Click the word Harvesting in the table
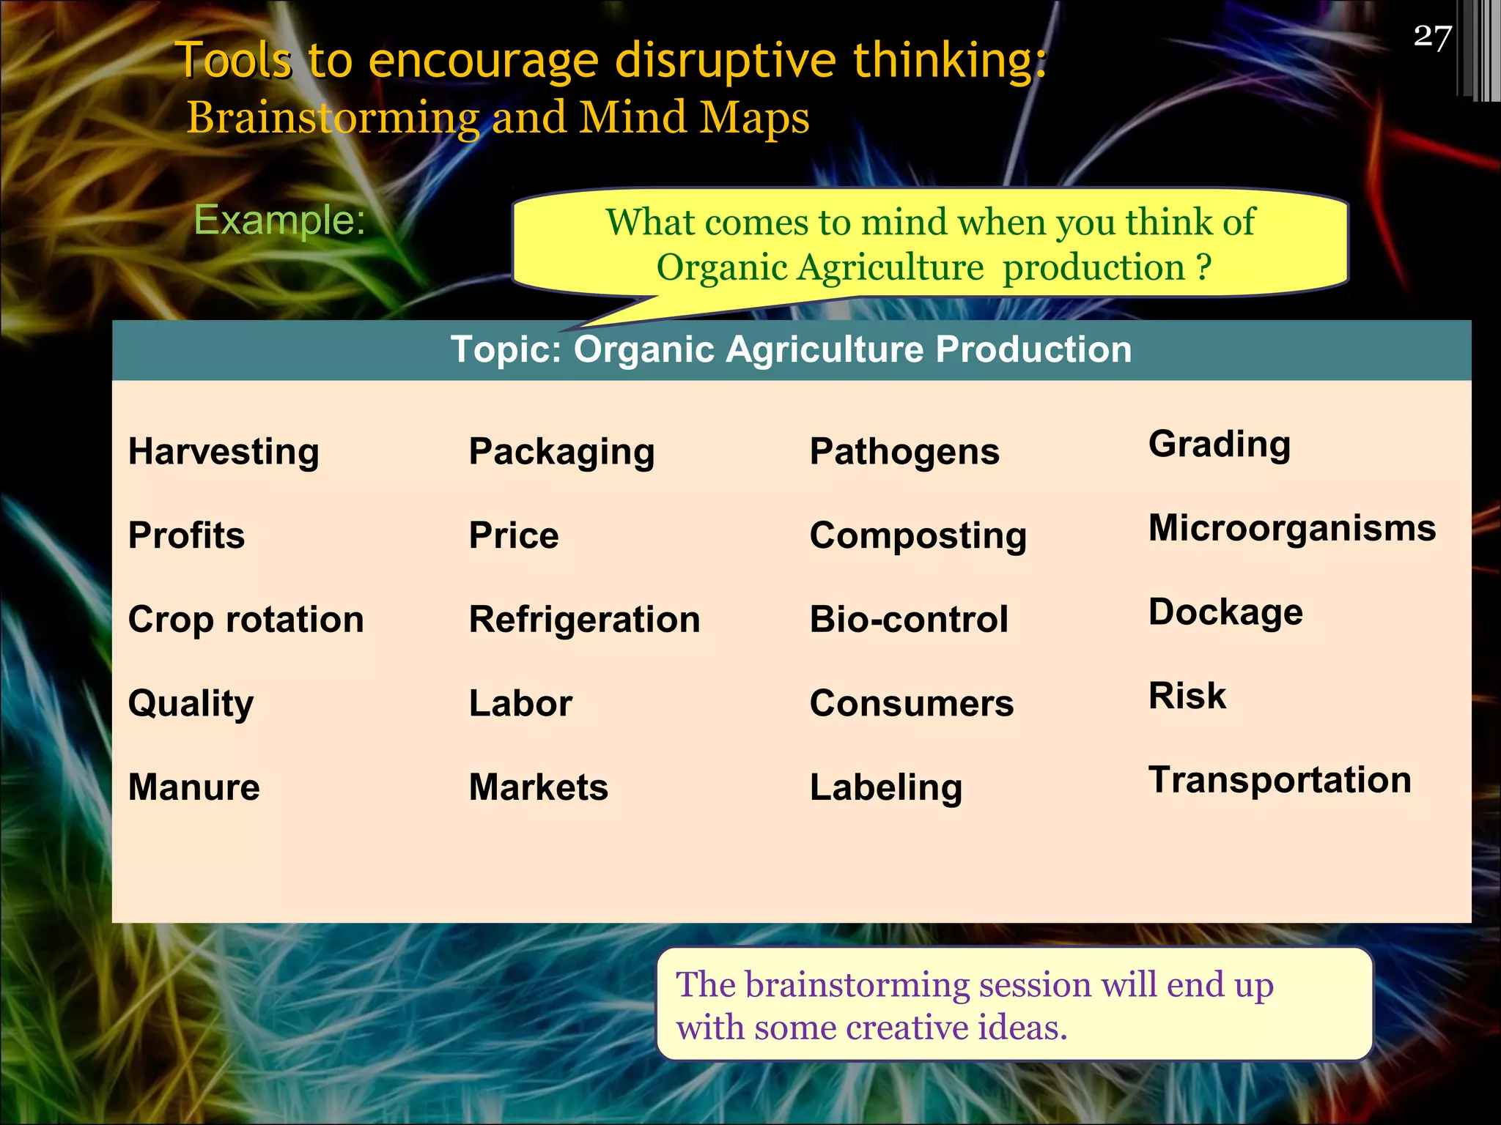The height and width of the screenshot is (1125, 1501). (x=224, y=452)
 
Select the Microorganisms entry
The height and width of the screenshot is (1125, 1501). (x=1292, y=528)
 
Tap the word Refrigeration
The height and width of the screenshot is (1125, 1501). (x=584, y=620)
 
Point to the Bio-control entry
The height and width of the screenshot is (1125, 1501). (x=909, y=620)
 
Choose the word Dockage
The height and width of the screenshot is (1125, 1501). (x=1225, y=612)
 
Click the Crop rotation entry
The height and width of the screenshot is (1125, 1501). (x=246, y=620)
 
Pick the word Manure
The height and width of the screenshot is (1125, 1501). (x=193, y=787)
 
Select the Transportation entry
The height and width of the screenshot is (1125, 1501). (x=1280, y=780)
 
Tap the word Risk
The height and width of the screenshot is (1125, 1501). (x=1187, y=696)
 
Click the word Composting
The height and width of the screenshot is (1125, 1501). (x=918, y=536)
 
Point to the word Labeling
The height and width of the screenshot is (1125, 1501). (x=885, y=788)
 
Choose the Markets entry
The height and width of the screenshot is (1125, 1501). (x=538, y=787)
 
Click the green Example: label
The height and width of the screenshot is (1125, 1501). (x=279, y=220)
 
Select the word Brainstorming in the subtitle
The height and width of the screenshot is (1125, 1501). (x=333, y=118)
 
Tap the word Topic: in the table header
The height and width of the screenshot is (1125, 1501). (x=506, y=349)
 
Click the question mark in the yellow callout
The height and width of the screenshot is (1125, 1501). (x=1203, y=267)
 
